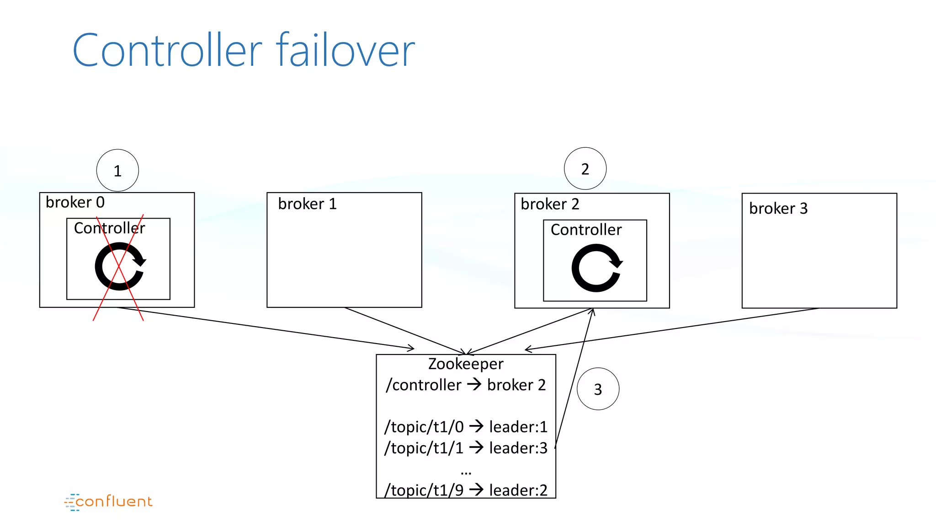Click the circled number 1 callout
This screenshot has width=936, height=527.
[117, 171]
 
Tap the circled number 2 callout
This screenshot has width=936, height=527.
[585, 169]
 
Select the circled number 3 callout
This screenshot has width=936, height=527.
[598, 389]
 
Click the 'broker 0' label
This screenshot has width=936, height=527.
[75, 202]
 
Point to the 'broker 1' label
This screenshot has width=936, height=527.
[307, 204]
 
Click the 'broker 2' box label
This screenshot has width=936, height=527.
[550, 204]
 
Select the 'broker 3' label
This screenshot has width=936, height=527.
[778, 209]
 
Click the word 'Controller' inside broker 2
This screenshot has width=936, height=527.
[586, 230]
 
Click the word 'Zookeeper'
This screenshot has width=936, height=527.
[466, 364]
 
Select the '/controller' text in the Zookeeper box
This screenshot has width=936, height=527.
[424, 385]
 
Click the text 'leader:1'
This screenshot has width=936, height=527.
[518, 427]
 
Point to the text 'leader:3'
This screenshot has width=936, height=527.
[518, 448]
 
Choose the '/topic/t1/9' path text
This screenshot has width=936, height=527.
[424, 490]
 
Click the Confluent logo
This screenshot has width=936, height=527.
[109, 502]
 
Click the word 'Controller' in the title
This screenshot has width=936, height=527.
[167, 50]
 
